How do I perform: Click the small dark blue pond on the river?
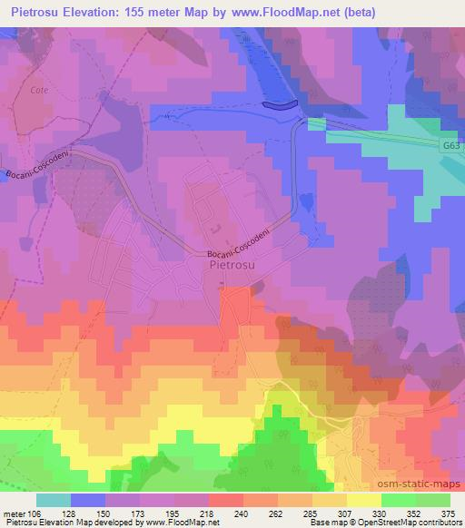tap(280, 105)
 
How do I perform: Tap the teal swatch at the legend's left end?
tap(54, 500)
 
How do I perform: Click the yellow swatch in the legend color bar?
tap(363, 500)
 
